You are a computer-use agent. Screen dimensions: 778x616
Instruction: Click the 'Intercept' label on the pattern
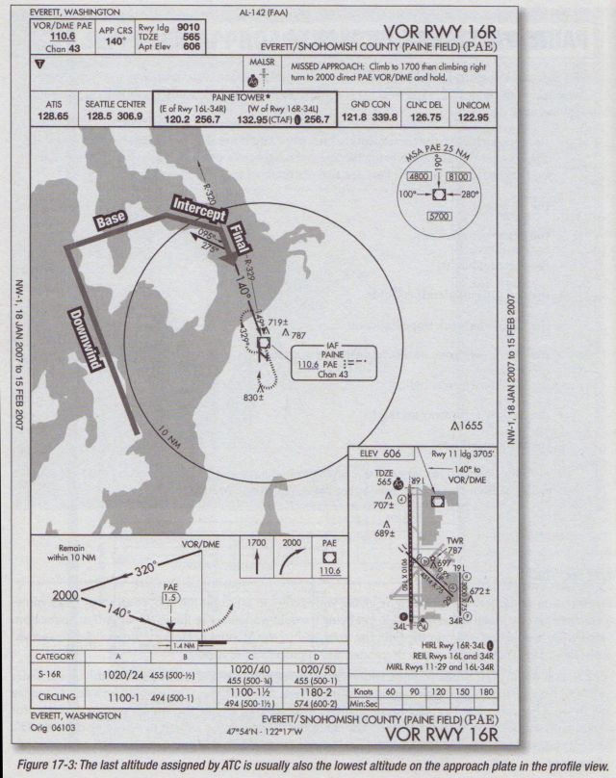click(197, 209)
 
